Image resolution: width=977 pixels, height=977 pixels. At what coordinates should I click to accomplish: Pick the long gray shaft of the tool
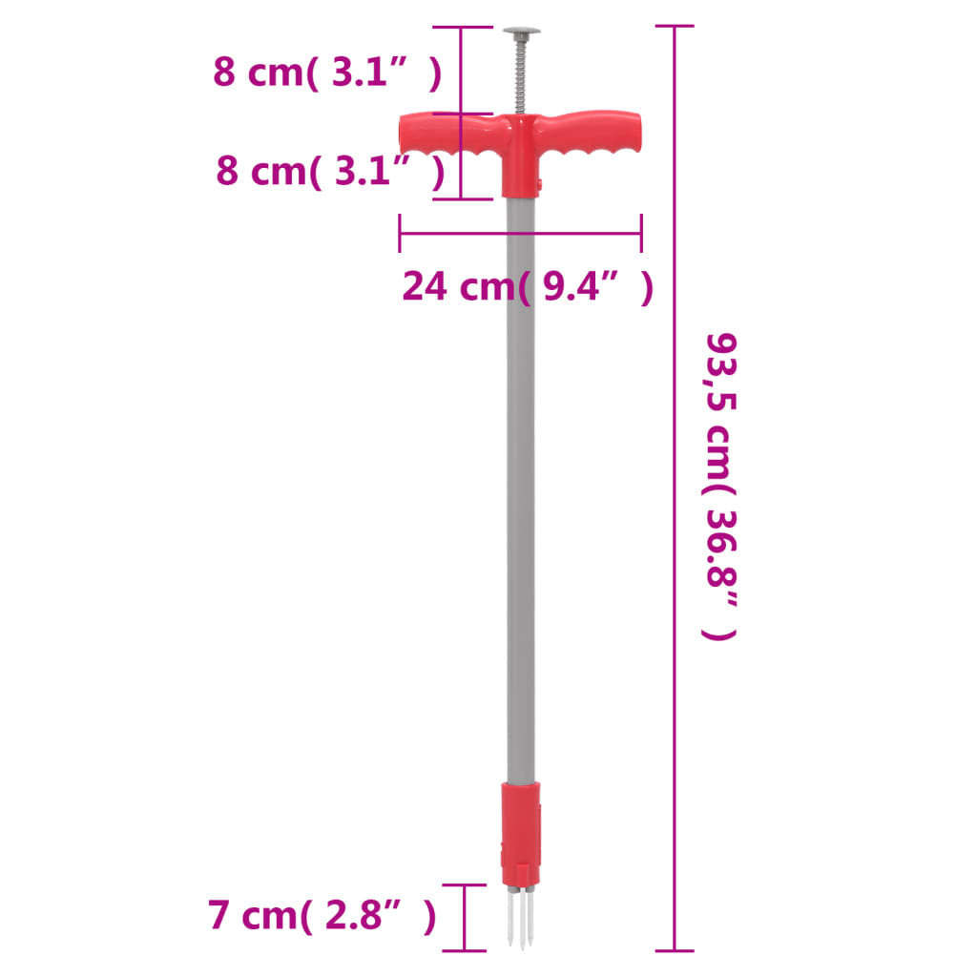[521, 477]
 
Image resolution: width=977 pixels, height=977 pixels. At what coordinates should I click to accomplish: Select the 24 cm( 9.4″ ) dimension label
[528, 286]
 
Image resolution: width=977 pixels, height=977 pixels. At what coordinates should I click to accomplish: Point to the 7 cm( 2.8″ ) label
[322, 917]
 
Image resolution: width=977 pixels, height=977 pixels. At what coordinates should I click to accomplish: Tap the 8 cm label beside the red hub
[330, 172]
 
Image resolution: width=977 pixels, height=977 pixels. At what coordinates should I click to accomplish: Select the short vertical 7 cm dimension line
[464, 917]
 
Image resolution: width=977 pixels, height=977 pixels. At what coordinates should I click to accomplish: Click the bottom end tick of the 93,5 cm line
[676, 950]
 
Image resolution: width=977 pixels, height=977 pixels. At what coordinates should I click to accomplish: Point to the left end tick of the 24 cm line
[400, 232]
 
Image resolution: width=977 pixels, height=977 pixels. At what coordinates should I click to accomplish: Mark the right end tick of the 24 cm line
[641, 232]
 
